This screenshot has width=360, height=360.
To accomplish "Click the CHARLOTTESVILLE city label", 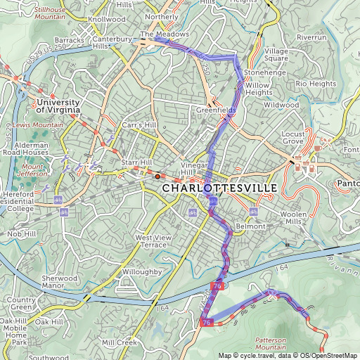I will coord(219,189).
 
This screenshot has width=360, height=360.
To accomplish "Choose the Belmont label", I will coord(250,226).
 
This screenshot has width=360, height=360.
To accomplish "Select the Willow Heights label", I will coord(258,89).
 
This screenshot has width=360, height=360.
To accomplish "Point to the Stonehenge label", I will coord(263,72).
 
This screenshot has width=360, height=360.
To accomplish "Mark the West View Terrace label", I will coord(153,241).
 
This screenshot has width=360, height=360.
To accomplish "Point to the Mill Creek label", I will coord(117,342).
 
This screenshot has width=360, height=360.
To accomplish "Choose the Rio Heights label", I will coord(316,84).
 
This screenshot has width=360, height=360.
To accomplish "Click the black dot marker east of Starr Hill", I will coord(157,176).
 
